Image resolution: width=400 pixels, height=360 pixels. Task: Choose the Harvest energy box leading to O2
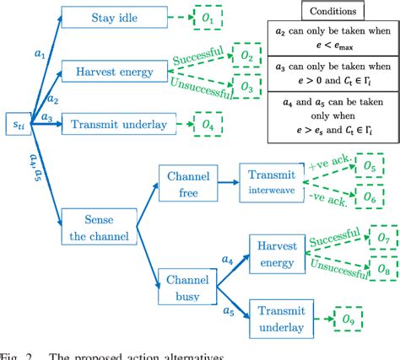click(111, 72)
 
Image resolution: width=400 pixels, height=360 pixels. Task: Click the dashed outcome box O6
click(370, 196)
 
